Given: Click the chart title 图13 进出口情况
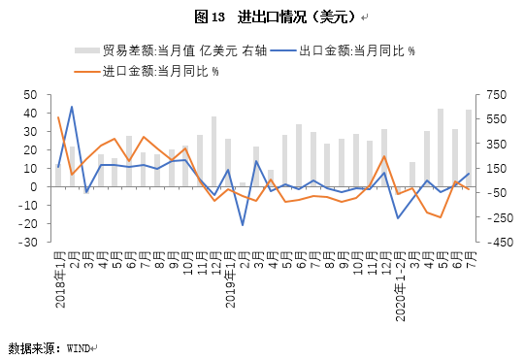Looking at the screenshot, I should [262, 17].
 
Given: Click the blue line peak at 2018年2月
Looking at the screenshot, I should [72, 107].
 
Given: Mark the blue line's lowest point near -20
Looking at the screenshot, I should [243, 225].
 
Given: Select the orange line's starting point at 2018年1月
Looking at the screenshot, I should [58, 118].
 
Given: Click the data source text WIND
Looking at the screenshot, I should [78, 346].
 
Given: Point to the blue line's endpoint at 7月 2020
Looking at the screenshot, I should [469, 174].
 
